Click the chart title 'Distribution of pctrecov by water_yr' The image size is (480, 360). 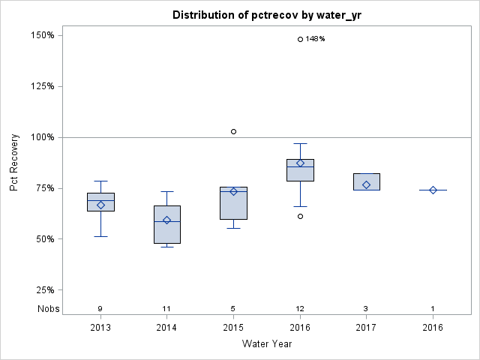click(x=266, y=15)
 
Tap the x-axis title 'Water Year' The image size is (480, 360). click(x=266, y=344)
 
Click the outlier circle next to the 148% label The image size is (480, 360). click(x=300, y=39)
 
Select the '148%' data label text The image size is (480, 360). click(x=315, y=39)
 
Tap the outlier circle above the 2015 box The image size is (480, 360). click(x=233, y=131)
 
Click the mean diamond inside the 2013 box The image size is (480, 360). click(x=100, y=205)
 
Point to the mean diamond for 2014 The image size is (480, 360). click(x=167, y=220)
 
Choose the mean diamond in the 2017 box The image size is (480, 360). click(x=366, y=184)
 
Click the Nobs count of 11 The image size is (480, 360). click(x=167, y=308)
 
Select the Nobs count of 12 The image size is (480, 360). click(x=300, y=308)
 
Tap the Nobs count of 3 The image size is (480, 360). click(x=366, y=308)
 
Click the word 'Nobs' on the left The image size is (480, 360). click(x=46, y=308)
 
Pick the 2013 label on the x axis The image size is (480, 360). click(x=100, y=327)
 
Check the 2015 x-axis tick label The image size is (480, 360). click(x=233, y=327)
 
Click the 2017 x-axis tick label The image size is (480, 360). click(x=366, y=327)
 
